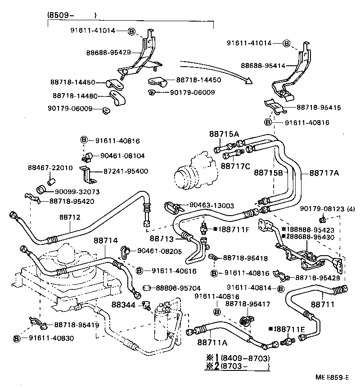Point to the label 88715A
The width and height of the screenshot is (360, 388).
(224, 134)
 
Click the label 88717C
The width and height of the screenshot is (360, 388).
(235, 166)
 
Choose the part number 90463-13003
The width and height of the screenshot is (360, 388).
(209, 205)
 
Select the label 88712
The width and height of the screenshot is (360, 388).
(69, 217)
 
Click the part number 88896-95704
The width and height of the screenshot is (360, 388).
(178, 288)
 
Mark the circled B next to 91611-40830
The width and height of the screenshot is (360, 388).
(17, 338)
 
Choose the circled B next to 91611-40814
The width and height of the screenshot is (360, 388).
(281, 288)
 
